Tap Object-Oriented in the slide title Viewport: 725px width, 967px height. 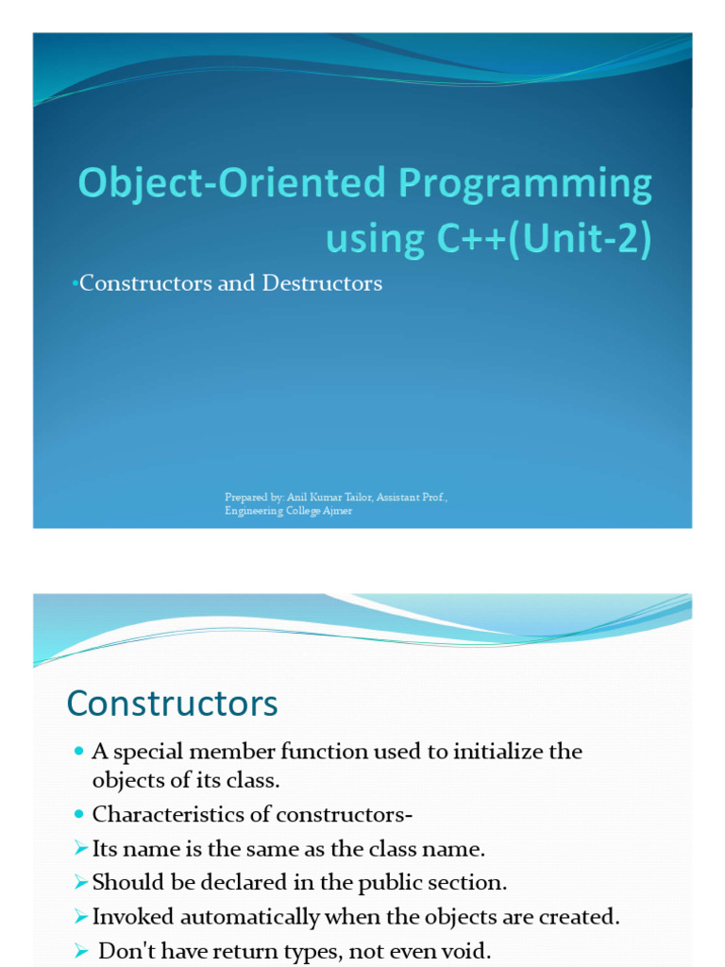click(x=227, y=184)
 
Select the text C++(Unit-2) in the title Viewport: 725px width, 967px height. click(x=543, y=239)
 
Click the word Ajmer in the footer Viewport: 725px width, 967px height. click(x=337, y=511)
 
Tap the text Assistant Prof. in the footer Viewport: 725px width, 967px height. click(x=412, y=497)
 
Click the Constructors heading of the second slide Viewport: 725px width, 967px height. click(x=172, y=704)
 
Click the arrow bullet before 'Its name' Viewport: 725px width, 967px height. click(x=79, y=849)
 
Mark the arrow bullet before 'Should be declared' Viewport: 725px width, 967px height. click(x=79, y=883)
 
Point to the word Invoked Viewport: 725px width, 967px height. click(x=128, y=917)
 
